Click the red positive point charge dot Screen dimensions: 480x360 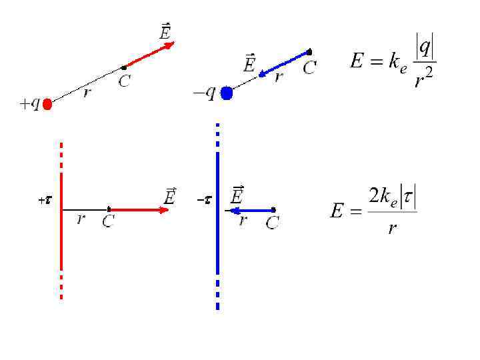(x=47, y=105)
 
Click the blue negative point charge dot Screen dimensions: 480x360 (x=226, y=93)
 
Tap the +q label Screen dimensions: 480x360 (x=30, y=103)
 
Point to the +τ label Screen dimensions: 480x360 (x=45, y=200)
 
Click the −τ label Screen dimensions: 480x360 (x=204, y=200)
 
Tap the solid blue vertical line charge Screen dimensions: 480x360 (x=217, y=213)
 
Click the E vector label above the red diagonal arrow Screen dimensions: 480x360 (x=165, y=31)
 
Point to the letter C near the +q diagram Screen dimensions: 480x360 (x=124, y=81)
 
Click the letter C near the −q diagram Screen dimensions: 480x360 (x=309, y=67)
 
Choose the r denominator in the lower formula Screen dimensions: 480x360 (x=393, y=229)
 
